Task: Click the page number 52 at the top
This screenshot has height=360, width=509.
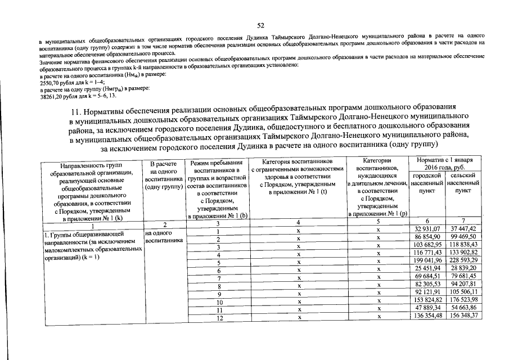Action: click(260, 25)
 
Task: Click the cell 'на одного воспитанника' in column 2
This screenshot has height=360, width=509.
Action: click(163, 236)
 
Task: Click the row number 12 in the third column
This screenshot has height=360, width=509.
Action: click(217, 317)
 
